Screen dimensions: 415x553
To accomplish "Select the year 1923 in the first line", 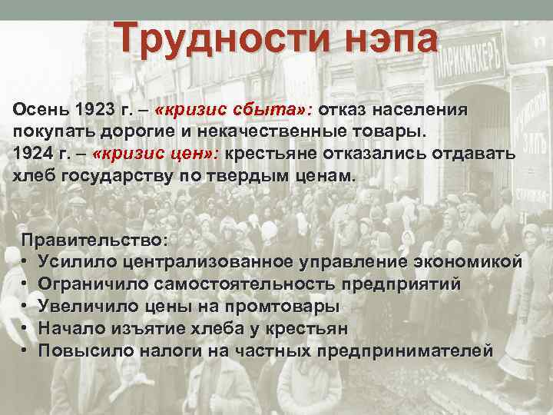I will (x=82, y=108).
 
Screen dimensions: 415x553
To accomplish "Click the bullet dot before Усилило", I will (x=25, y=262).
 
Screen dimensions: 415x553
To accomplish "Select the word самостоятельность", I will (x=243, y=284).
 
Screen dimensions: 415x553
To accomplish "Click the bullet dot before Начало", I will (x=25, y=329).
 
